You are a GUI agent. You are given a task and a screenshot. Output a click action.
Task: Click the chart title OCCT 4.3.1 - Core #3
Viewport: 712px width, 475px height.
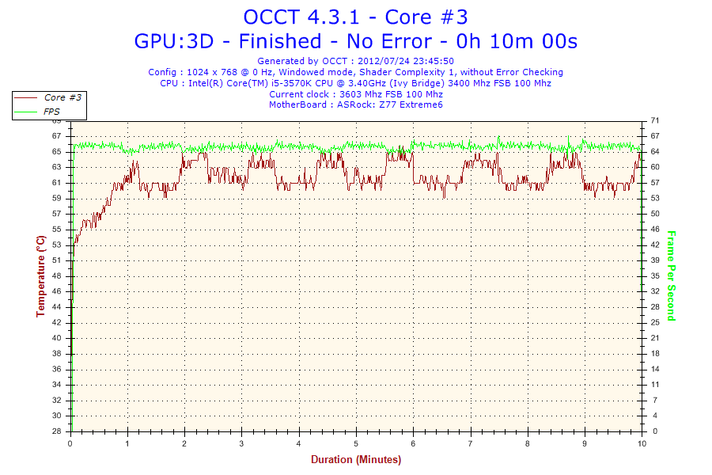(355, 17)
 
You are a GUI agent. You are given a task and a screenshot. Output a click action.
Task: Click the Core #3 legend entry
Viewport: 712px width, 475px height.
(63, 97)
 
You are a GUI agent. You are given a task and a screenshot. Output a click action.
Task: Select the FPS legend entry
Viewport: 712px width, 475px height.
(51, 112)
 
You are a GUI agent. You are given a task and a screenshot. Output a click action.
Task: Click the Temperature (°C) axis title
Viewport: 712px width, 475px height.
(40, 275)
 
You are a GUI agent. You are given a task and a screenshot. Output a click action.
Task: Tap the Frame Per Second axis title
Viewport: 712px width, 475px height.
(671, 275)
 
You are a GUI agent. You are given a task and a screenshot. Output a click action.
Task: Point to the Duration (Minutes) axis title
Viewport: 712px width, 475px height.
(355, 460)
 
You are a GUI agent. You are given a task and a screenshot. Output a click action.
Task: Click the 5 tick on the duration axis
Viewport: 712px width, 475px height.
(356, 444)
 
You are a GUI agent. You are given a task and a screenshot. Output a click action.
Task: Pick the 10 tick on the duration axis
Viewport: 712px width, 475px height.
(641, 444)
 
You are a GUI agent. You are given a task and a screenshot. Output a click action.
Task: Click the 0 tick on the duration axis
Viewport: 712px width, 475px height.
(70, 444)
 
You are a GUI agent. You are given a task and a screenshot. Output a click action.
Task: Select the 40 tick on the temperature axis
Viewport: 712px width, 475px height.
(57, 338)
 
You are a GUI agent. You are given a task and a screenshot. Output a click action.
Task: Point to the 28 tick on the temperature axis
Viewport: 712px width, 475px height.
(57, 431)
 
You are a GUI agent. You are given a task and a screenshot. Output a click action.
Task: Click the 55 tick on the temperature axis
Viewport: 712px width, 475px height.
(57, 229)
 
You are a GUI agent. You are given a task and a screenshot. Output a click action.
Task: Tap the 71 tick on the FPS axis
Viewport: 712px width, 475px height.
(654, 120)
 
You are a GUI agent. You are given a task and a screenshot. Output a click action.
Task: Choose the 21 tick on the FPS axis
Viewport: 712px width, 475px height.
(654, 338)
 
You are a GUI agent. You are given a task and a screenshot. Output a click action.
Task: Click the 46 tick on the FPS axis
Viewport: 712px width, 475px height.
(654, 229)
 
